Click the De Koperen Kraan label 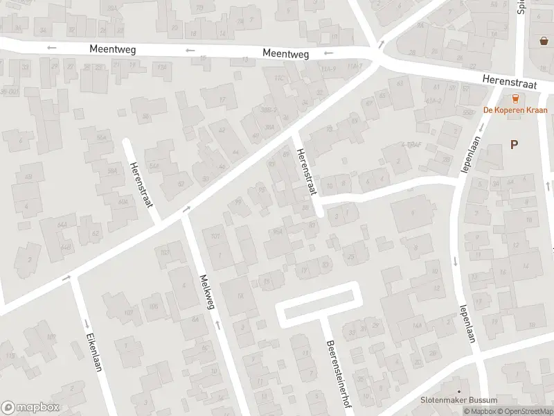[515, 110]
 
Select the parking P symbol [514, 144]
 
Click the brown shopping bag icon [544, 41]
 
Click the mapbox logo [30, 408]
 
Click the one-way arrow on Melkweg [219, 324]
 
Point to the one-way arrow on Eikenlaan [85, 323]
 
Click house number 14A [417, 325]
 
